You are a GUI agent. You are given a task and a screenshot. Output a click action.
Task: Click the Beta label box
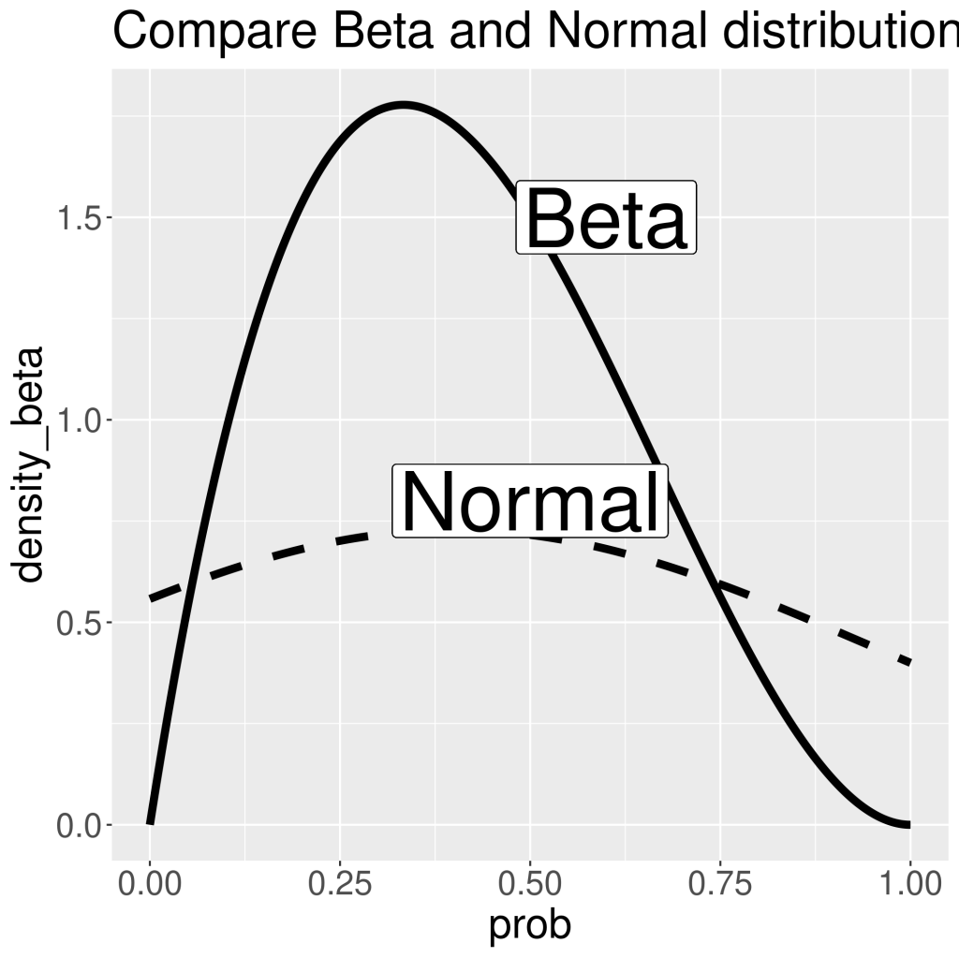607,217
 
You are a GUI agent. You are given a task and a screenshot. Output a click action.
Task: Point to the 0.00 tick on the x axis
150,883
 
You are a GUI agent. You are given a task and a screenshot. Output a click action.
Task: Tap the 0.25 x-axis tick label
339,883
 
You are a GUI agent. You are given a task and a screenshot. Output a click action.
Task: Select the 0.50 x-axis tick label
529,883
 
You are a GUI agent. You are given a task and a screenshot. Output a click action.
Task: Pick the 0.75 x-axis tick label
719,883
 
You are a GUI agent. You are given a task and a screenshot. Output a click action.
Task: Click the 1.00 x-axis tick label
908,883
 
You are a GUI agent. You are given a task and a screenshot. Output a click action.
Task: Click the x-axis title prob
529,926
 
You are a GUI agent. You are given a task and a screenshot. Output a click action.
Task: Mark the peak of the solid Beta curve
404,105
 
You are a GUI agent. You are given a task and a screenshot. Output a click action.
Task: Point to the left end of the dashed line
151,597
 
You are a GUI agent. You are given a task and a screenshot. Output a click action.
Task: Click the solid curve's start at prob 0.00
150,823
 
